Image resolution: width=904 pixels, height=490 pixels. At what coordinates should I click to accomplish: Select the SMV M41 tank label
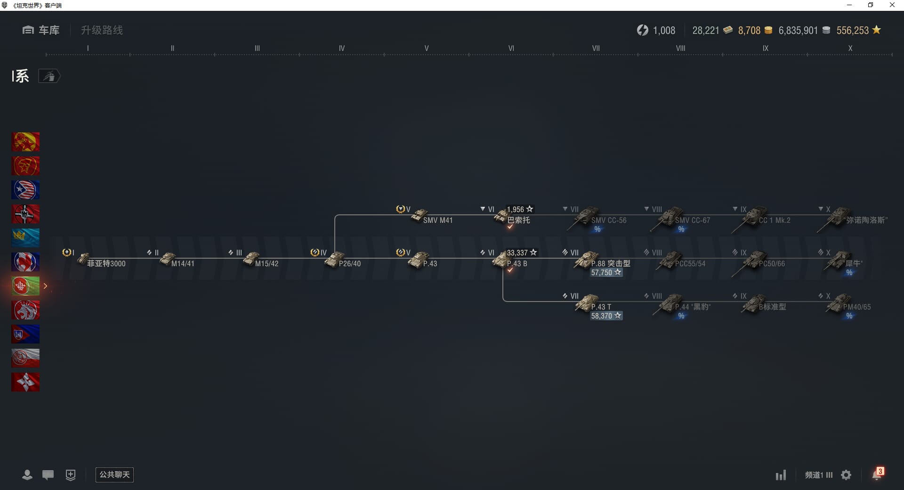tap(437, 220)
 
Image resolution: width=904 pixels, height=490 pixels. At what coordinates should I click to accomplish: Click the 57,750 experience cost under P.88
tap(606, 272)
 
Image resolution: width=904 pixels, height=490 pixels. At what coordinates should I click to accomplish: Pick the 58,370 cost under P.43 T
tap(606, 316)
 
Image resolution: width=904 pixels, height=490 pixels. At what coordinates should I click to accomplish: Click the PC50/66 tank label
tap(772, 263)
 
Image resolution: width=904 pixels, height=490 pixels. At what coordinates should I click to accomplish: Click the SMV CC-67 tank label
tap(692, 220)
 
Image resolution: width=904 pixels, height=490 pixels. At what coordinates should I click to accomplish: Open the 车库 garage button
tap(41, 30)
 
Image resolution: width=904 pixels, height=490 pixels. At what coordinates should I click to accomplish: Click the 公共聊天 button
tap(114, 474)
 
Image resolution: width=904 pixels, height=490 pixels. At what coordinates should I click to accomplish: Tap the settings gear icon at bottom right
tap(846, 475)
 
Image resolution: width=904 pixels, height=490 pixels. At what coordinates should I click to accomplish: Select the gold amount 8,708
tap(749, 31)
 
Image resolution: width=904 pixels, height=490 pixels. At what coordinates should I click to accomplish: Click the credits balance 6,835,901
tap(798, 31)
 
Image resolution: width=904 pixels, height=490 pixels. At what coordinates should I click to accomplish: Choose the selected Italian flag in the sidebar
tap(25, 286)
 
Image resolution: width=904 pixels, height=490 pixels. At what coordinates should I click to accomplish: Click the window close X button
tap(892, 5)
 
